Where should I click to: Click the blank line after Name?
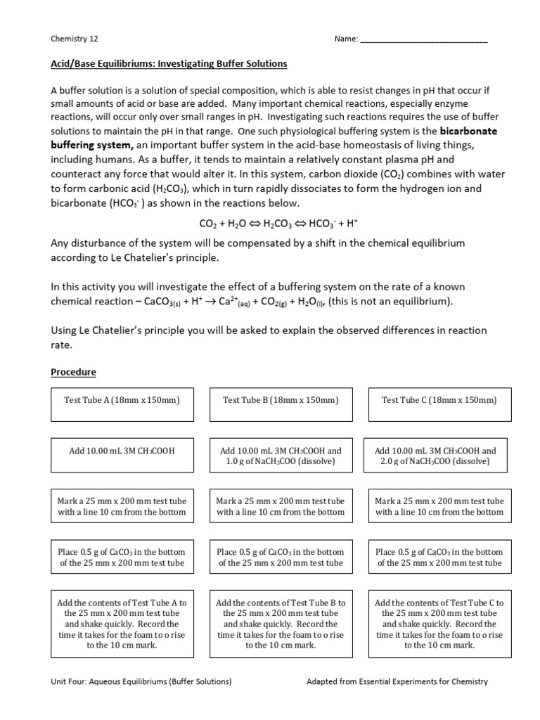(x=424, y=39)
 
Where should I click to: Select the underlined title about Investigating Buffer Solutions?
(x=169, y=64)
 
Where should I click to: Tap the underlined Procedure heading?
(x=73, y=372)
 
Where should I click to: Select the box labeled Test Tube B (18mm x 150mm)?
(x=281, y=400)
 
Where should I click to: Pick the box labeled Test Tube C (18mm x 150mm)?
(x=439, y=400)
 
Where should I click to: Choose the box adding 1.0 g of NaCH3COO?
(x=281, y=456)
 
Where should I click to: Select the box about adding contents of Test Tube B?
(x=281, y=624)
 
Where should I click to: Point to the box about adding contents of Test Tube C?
(x=439, y=624)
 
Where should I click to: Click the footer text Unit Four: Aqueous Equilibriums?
(x=141, y=681)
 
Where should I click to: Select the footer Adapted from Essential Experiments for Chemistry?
(x=397, y=681)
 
